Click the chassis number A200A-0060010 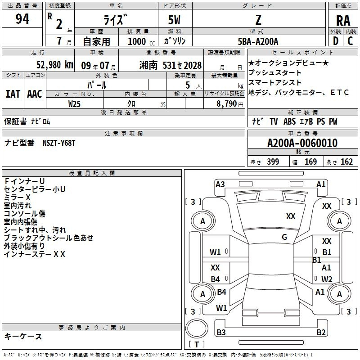click(x=302, y=143)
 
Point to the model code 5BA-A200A click(x=258, y=41)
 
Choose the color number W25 click(x=74, y=103)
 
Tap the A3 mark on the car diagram click(x=220, y=184)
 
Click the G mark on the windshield click(x=284, y=237)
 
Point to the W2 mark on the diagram click(x=327, y=279)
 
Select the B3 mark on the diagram click(x=221, y=333)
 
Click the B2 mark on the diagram click(x=321, y=333)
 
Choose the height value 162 click(x=346, y=162)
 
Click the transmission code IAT click(x=13, y=94)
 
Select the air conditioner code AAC click(x=34, y=94)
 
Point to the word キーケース click(x=23, y=337)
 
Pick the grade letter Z click(x=258, y=20)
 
